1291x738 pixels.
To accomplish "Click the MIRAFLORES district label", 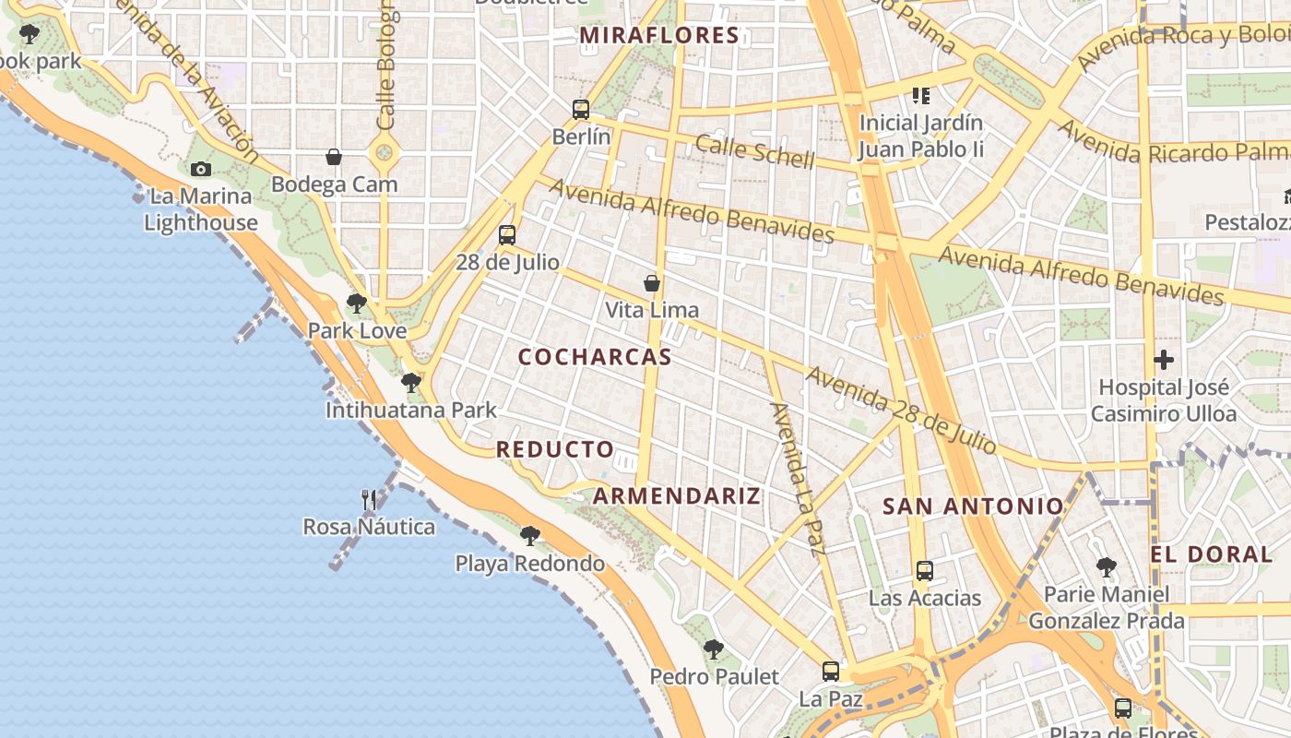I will pos(659,36).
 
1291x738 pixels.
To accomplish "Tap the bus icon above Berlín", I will pos(581,110).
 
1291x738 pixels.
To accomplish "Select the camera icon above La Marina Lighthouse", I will pos(201,169).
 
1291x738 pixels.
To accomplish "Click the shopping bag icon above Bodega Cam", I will pos(334,158).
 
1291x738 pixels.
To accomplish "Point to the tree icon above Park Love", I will pos(357,303).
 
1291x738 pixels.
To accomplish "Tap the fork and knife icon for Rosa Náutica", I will pos(369,500).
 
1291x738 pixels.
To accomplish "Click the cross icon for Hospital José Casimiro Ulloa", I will pos(1164,360).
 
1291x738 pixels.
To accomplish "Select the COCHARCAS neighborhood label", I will pos(595,357).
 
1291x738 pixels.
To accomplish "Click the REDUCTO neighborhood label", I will pos(555,449).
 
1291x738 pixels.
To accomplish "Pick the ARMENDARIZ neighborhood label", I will pos(677,495).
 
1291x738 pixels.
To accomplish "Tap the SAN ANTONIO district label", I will pos(973,506).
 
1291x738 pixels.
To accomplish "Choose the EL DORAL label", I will pos(1211,554).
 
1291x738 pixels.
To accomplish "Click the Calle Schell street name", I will pos(755,151).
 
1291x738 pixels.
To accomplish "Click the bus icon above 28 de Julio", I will pos(507,235).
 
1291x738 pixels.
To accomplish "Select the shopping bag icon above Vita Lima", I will pos(652,283).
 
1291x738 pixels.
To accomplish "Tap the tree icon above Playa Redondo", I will pos(529,536).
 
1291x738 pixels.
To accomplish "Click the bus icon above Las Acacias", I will pos(925,571).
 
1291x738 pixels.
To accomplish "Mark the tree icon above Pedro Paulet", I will pos(713,649).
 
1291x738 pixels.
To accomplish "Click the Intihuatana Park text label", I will pos(411,411).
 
